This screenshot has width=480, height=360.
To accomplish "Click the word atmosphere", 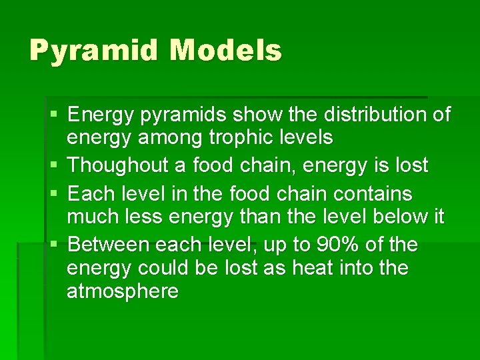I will pos(123,291).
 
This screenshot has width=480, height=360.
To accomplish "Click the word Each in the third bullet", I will pos(92,195).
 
